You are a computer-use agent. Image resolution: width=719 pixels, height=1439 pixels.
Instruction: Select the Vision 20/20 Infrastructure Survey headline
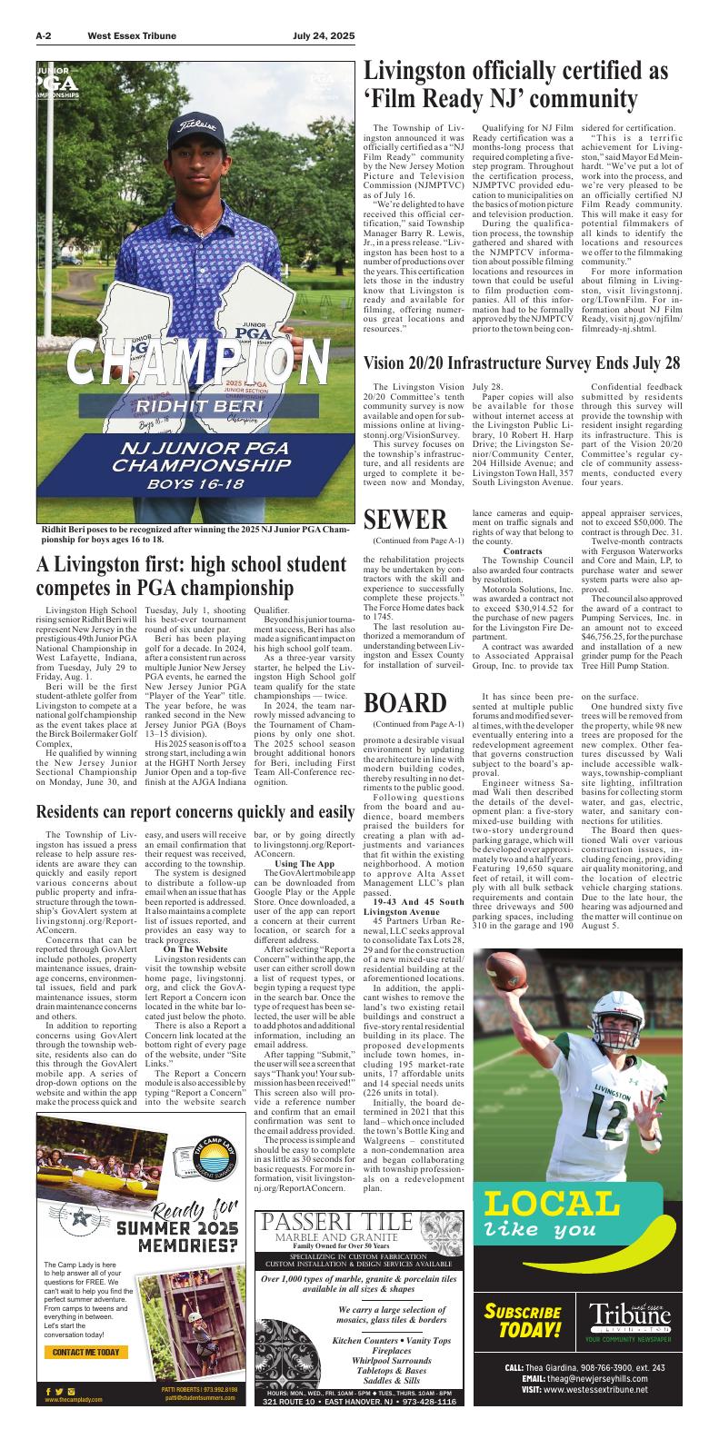point(522,363)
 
